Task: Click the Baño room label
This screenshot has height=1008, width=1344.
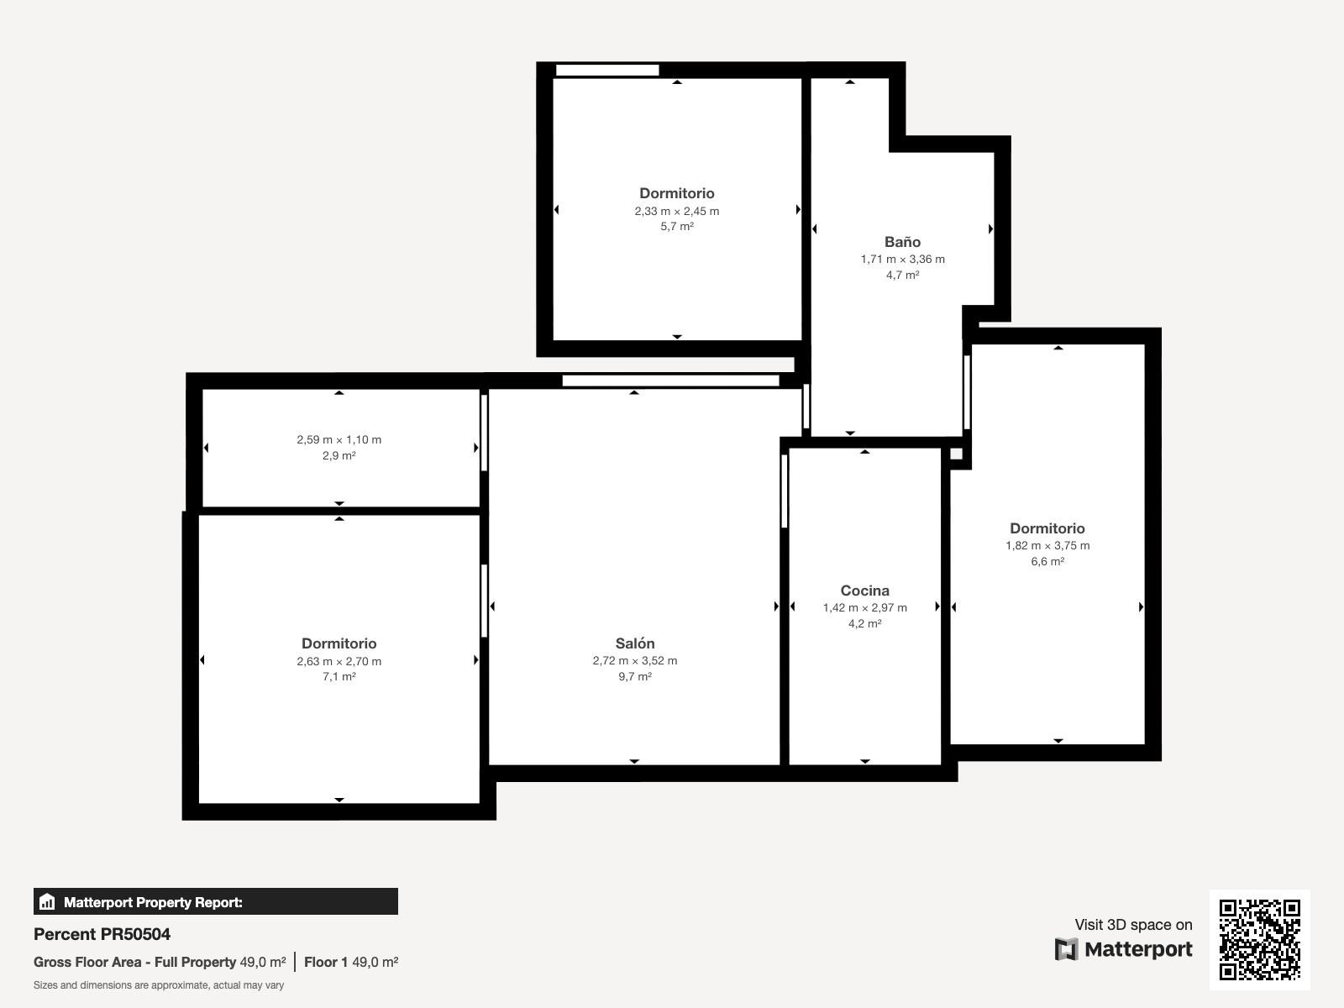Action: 902,242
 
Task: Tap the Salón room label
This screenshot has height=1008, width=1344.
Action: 635,643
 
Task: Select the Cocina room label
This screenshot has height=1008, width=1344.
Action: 864,591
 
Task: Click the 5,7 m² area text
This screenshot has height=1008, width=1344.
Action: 676,227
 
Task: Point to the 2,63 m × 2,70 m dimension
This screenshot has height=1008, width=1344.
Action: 339,661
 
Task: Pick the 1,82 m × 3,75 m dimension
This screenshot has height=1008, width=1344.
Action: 1047,545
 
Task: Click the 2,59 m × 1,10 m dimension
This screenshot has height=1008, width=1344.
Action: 339,439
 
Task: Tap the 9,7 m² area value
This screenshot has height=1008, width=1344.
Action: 635,676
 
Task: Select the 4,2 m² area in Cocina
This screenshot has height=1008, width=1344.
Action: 864,623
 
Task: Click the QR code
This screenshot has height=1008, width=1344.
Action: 1259,939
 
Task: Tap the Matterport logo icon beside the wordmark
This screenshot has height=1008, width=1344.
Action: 1066,949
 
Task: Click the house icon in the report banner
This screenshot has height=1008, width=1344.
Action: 47,901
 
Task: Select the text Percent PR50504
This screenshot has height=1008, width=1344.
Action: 102,934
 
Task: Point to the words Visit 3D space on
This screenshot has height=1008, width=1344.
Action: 1133,924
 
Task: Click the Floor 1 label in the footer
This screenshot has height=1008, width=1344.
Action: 326,962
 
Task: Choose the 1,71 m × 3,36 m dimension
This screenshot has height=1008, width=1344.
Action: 902,259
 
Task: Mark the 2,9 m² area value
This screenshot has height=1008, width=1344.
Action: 339,455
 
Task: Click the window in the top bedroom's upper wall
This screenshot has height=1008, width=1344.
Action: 607,71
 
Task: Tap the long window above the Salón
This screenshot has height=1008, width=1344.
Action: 670,381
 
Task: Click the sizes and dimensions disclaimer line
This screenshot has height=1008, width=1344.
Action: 159,985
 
